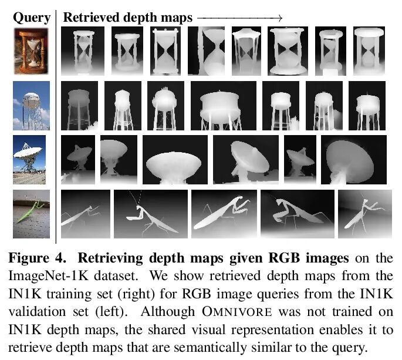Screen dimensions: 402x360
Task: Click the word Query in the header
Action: click(x=31, y=18)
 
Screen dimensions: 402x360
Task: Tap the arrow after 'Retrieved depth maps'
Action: click(x=241, y=18)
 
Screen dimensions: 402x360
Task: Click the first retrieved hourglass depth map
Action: click(x=85, y=51)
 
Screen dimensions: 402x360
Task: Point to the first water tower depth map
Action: click(x=80, y=106)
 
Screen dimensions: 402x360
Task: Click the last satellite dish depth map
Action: click(x=353, y=160)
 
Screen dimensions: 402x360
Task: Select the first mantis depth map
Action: click(x=85, y=214)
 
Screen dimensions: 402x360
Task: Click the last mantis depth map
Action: click(x=361, y=214)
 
